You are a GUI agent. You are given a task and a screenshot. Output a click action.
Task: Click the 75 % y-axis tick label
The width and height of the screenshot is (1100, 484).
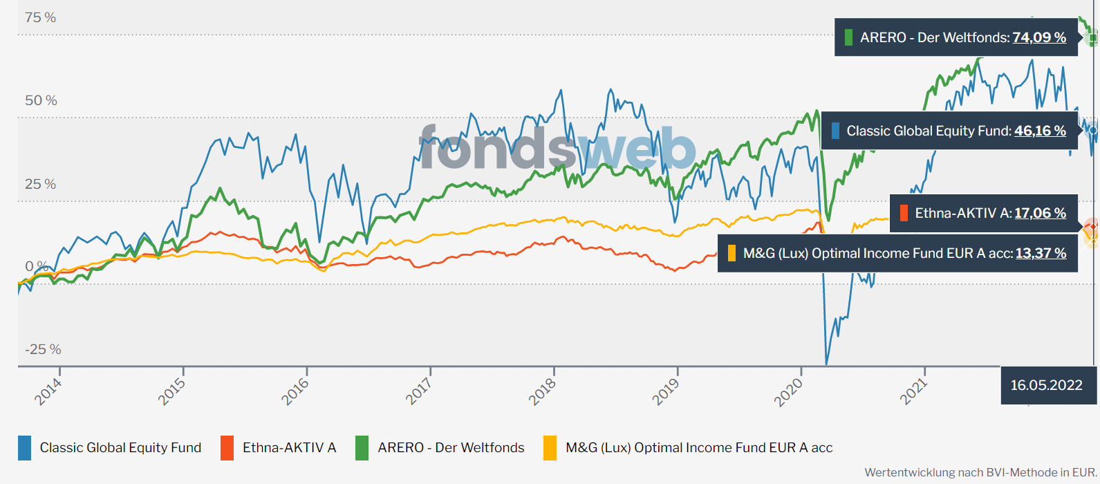40,18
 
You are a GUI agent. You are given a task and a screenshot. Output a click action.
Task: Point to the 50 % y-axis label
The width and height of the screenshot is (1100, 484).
41,101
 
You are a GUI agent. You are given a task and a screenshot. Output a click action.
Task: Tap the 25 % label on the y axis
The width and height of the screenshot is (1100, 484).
40,185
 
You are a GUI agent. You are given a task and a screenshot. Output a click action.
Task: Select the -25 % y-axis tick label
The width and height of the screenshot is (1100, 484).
43,350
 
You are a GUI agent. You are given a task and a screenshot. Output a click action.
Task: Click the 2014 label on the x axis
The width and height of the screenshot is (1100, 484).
48,392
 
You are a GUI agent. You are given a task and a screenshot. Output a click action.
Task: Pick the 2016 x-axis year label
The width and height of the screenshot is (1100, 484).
295,392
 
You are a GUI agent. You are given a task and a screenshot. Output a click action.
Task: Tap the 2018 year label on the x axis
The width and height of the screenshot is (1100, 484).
543,392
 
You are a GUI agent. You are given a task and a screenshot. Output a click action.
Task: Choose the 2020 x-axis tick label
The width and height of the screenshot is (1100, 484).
789,392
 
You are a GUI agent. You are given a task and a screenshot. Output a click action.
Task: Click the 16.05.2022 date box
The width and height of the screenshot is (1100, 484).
1046,385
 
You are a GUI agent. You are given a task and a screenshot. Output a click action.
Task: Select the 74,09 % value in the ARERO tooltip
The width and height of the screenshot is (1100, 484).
1039,37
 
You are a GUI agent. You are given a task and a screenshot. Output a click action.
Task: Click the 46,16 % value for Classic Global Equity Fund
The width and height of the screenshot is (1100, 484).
1040,131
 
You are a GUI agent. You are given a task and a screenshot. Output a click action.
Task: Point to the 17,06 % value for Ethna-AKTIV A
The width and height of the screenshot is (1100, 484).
1040,213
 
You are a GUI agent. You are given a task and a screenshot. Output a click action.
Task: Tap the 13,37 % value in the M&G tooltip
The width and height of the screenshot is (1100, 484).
1041,253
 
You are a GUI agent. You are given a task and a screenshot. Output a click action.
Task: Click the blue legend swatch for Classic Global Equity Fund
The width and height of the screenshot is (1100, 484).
25,448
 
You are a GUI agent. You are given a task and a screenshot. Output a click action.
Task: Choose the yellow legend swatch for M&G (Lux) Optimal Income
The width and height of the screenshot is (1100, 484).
550,448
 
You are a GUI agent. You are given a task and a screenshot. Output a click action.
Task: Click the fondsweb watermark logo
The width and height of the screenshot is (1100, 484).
557,147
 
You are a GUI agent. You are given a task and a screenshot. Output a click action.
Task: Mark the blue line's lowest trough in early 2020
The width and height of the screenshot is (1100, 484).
826,363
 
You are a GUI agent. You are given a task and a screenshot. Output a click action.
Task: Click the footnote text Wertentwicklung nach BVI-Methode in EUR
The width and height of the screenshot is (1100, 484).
980,473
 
